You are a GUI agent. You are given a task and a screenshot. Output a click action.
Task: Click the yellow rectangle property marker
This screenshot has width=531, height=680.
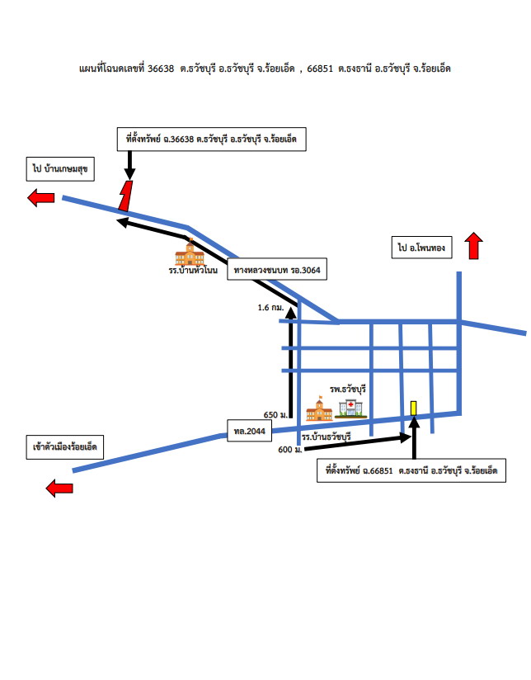[414, 408]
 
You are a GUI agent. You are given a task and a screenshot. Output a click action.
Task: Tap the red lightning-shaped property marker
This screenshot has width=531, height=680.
[125, 196]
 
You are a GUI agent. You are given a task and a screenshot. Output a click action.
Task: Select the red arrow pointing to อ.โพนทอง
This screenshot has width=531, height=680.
[474, 246]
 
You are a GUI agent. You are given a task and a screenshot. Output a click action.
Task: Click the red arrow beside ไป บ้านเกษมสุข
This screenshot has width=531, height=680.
[41, 198]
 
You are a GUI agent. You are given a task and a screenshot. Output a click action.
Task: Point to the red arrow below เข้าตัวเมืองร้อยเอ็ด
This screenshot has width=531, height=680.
[59, 489]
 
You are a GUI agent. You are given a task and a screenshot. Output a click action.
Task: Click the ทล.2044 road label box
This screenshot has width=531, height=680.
[249, 431]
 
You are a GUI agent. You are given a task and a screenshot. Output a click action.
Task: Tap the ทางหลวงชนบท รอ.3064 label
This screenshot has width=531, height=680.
[277, 270]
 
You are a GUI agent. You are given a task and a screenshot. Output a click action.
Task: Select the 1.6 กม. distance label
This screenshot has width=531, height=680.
[270, 308]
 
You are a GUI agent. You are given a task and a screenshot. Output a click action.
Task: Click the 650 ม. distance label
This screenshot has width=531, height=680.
[275, 415]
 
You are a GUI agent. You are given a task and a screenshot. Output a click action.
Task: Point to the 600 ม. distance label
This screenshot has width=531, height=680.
[290, 450]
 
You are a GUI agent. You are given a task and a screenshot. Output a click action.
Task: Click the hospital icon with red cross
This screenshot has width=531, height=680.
[350, 409]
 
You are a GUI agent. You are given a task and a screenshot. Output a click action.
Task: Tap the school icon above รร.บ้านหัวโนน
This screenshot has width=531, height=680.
[190, 253]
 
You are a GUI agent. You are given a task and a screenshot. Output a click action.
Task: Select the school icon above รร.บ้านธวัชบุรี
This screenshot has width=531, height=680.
[319, 408]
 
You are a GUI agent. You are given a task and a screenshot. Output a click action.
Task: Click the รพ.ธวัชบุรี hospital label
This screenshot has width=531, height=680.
[348, 389]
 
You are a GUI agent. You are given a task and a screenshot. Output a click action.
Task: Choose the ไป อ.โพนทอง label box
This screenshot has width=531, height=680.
[422, 248]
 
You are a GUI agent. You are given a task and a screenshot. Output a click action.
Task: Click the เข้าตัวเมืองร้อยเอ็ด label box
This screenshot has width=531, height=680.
[65, 447]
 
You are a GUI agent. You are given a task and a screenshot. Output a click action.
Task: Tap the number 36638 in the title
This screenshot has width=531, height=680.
[161, 68]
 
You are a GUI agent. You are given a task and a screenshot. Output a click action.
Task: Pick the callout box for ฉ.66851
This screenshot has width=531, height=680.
[411, 470]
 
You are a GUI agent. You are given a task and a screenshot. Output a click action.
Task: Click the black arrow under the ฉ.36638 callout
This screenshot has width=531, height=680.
[129, 165]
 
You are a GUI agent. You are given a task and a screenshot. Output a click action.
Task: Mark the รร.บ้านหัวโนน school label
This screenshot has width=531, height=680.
[193, 270]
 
